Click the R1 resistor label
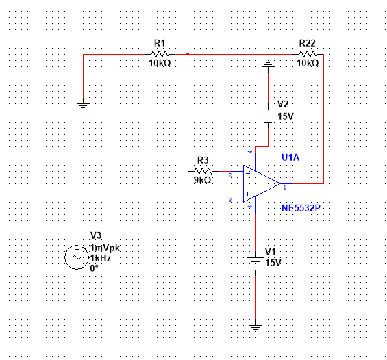(x=160, y=42)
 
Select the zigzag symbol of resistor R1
(x=160, y=53)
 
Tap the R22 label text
(x=308, y=42)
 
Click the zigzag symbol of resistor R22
(x=308, y=53)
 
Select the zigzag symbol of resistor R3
(x=203, y=170)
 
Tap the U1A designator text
(x=290, y=158)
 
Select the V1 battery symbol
(x=256, y=262)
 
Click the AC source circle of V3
(x=75, y=258)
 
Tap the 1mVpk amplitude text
(x=104, y=248)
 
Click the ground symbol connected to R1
(x=82, y=106)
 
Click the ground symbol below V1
(x=256, y=326)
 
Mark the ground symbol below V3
(x=76, y=310)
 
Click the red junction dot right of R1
(x=188, y=53)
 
